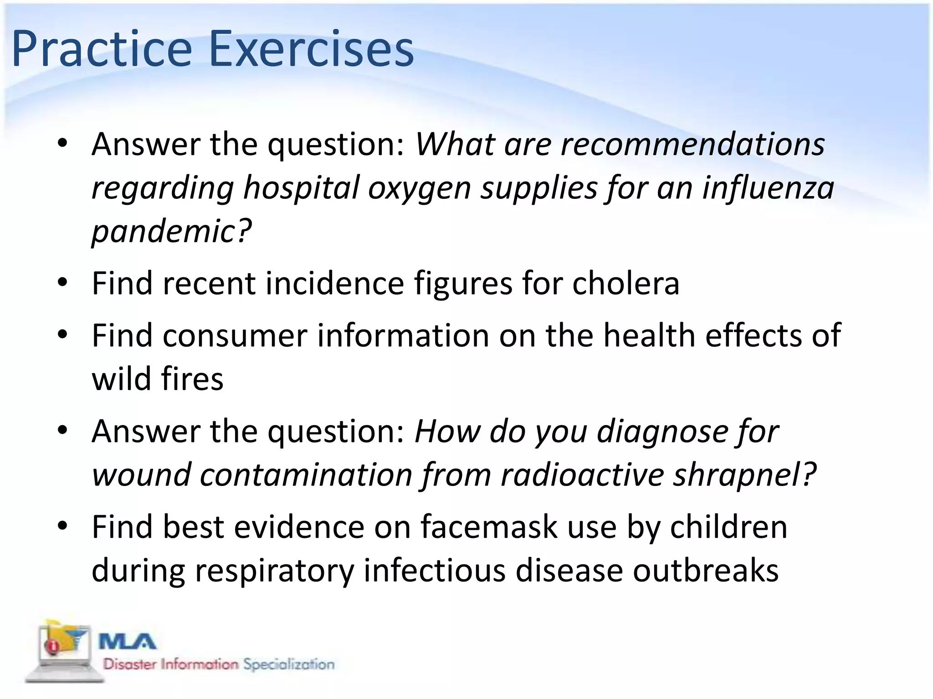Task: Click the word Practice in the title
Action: coord(101,49)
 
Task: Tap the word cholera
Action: coord(625,284)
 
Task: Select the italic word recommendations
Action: coord(692,144)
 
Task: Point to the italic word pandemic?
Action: coord(171,231)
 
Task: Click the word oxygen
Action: coord(419,188)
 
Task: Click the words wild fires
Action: coord(158,379)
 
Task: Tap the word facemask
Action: coord(489,527)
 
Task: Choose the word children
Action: coord(728,527)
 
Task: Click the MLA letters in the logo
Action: coord(128,643)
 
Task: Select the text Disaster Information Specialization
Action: coord(219,664)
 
